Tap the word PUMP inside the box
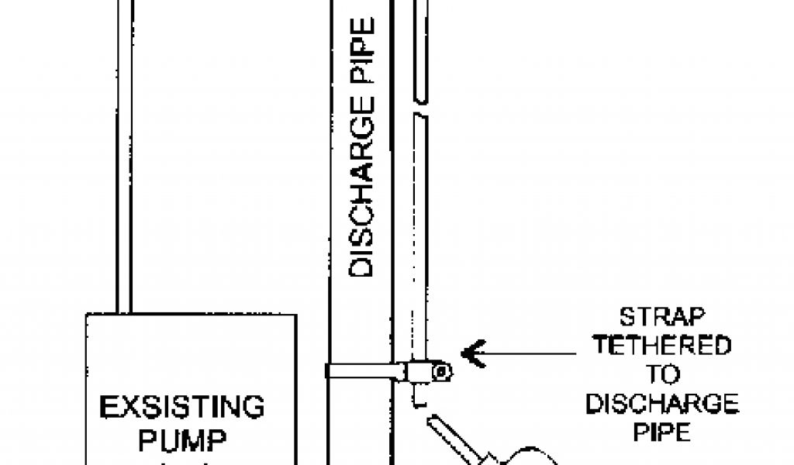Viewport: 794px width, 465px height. coord(182,441)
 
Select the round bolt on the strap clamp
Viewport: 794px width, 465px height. coord(440,373)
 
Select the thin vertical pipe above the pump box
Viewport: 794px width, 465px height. coord(124,155)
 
